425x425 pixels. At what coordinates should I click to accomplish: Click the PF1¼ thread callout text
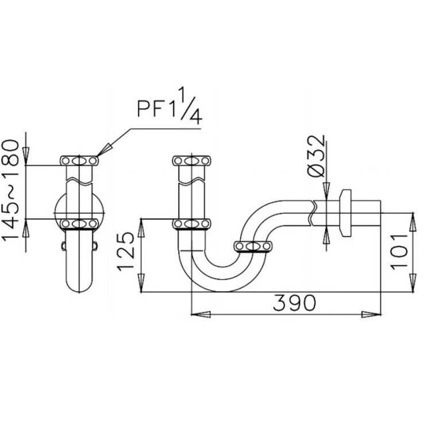point(169,106)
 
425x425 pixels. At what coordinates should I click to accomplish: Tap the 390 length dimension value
point(294,303)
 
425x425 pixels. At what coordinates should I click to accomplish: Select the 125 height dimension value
point(126,251)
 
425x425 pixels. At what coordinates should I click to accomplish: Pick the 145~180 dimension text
point(10,190)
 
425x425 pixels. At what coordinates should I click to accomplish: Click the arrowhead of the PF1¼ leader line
point(104,150)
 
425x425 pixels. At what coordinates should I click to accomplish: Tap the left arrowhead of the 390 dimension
point(201,314)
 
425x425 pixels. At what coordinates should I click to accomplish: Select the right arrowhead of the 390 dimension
point(372,314)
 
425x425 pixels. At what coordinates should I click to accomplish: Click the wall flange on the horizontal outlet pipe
point(346,213)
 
